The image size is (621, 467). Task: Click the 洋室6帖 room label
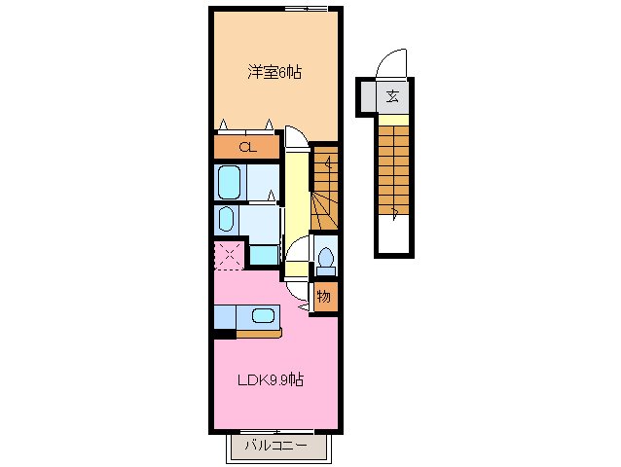(274, 71)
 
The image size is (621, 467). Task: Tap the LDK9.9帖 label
(272, 379)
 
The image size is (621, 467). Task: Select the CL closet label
(248, 148)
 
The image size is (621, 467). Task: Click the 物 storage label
(325, 296)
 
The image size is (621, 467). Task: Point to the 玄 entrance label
(392, 95)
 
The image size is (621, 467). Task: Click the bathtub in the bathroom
(230, 181)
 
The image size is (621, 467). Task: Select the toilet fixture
(326, 260)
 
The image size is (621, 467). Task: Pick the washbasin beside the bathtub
(226, 218)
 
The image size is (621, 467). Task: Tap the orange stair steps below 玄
(394, 166)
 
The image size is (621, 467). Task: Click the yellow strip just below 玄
(394, 121)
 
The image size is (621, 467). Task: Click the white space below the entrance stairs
(394, 235)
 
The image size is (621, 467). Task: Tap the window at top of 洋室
(306, 8)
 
